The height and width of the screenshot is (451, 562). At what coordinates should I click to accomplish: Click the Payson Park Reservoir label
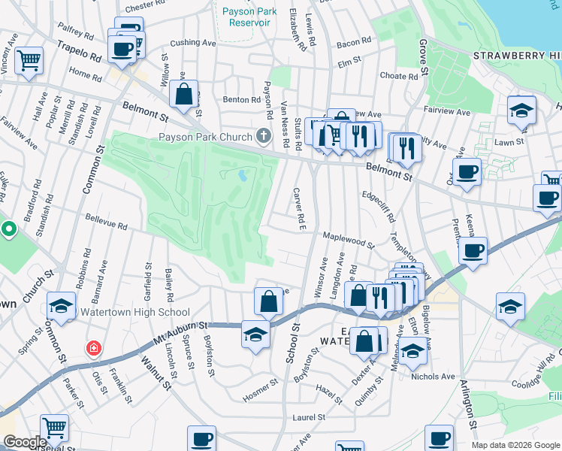[x=246, y=17]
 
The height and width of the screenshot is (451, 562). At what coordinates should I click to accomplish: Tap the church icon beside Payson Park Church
[x=263, y=136]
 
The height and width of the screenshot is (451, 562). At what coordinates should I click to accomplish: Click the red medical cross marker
[x=93, y=349]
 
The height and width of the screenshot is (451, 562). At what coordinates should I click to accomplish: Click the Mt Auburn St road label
[x=182, y=326]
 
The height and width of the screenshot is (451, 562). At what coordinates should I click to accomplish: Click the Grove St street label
[x=423, y=57]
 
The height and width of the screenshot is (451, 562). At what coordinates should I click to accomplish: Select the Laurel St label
[x=309, y=417]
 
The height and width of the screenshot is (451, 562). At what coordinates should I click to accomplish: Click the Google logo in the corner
[x=25, y=442]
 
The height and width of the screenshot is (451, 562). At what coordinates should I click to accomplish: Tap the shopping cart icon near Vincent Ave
[x=29, y=60]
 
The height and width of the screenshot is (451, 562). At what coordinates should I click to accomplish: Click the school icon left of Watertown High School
[x=61, y=306]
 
